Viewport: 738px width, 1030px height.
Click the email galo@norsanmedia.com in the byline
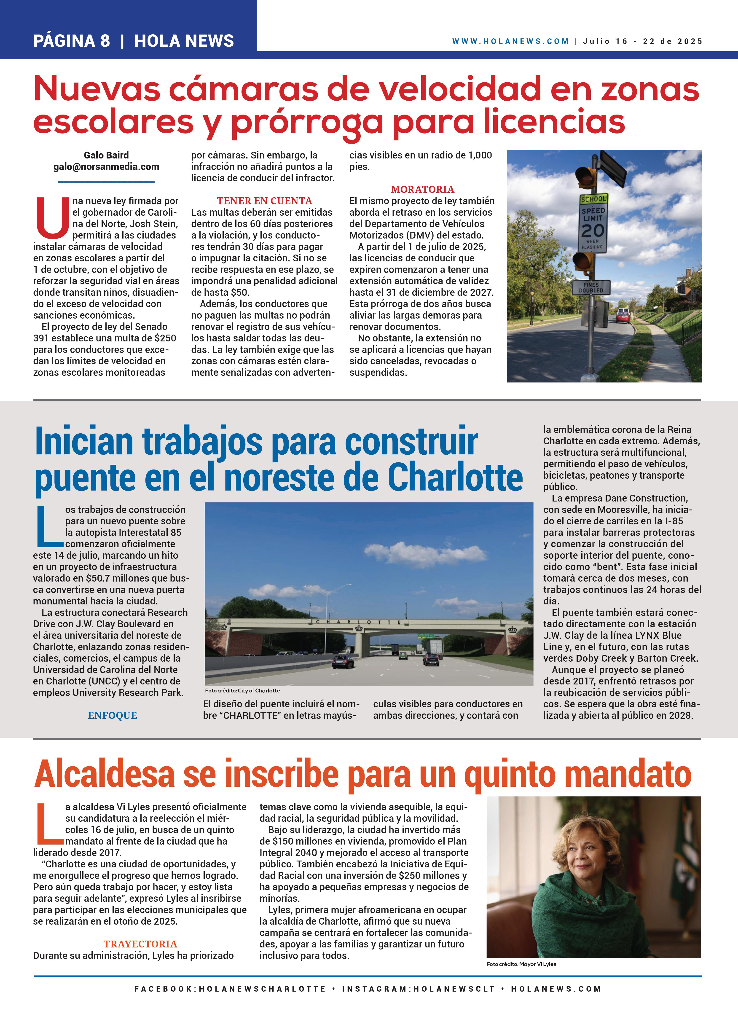click(x=106, y=167)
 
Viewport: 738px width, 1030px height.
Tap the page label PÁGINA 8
click(x=72, y=41)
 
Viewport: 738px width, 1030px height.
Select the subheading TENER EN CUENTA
click(x=264, y=201)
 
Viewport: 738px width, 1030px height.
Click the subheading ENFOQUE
click(x=112, y=715)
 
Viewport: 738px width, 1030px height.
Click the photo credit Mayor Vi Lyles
click(x=521, y=964)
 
